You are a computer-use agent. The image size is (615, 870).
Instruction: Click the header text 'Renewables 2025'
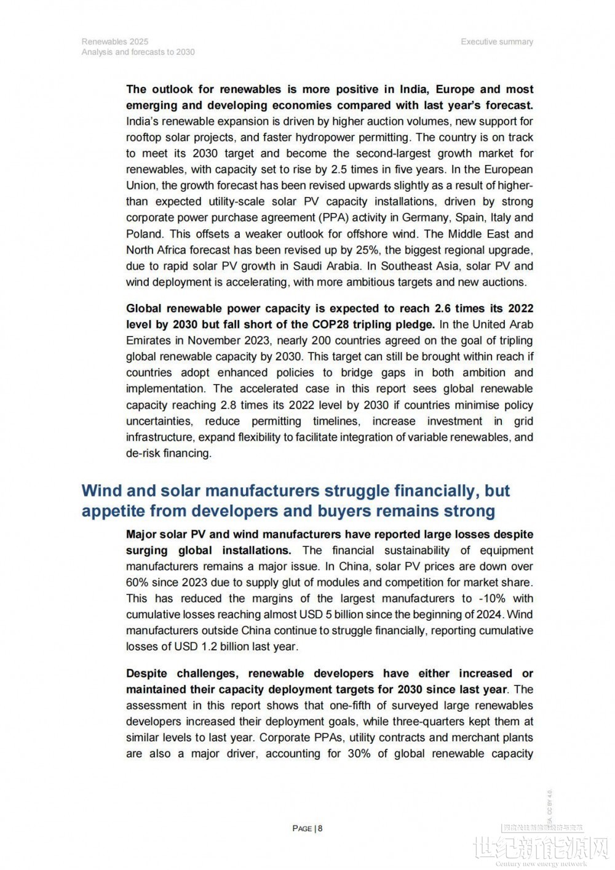pyautogui.click(x=115, y=41)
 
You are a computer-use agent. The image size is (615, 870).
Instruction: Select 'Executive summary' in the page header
pyautogui.click(x=497, y=41)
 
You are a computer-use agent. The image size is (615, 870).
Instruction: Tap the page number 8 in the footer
pyautogui.click(x=320, y=828)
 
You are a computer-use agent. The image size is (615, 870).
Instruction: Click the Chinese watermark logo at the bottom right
pyautogui.click(x=541, y=849)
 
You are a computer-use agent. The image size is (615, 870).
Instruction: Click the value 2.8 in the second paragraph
pyautogui.click(x=228, y=405)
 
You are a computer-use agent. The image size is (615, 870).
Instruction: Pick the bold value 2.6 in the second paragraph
pyautogui.click(x=443, y=308)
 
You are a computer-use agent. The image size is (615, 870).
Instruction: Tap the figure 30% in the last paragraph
pyautogui.click(x=359, y=753)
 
